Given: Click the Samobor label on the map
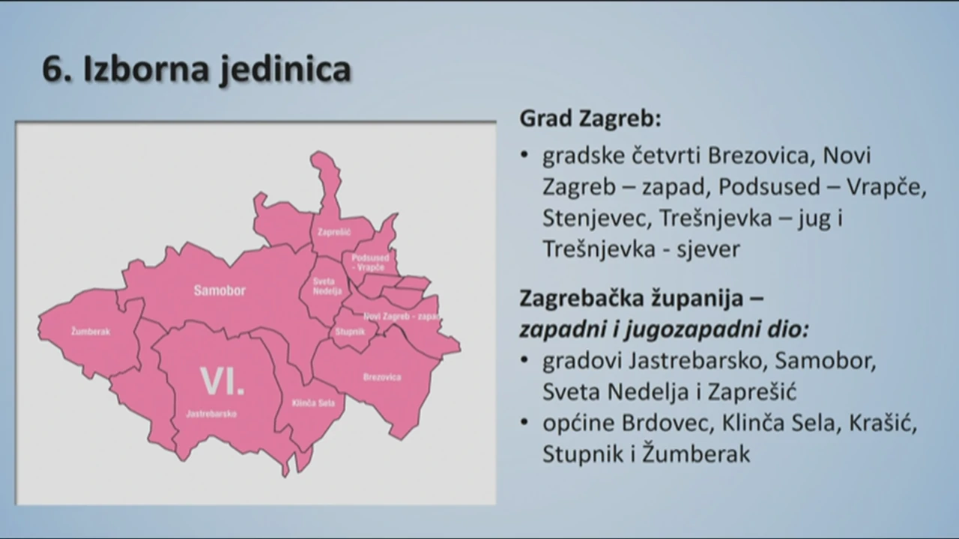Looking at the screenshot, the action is [220, 290].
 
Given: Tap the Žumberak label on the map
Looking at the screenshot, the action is [91, 331].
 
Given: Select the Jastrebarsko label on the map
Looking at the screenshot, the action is [211, 414].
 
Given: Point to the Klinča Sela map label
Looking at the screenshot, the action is [313, 403].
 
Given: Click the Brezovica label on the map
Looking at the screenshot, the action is [382, 377].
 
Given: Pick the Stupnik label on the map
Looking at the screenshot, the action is [350, 332].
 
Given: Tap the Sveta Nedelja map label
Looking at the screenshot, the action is [327, 286].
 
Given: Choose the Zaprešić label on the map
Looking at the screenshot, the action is [334, 232].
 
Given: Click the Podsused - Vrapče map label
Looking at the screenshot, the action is [370, 262].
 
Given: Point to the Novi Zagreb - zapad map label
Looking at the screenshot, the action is [402, 316].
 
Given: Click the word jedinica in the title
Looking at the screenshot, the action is [286, 70].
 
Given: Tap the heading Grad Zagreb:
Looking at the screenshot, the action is [590, 118].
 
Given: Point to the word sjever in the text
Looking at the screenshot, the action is [708, 249].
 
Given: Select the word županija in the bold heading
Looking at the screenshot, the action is [695, 299].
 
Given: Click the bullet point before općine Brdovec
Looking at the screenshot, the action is [524, 421].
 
